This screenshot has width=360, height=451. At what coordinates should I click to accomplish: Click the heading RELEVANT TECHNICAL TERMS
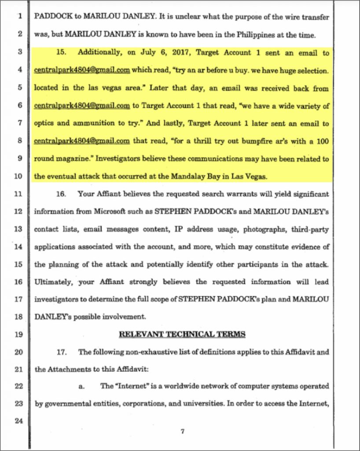(182, 334)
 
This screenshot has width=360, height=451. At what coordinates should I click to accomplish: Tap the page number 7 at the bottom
(182, 432)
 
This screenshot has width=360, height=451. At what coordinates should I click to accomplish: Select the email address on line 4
(81, 70)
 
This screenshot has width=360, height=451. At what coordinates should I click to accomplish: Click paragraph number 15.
(61, 52)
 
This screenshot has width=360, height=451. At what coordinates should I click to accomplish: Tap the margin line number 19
(18, 334)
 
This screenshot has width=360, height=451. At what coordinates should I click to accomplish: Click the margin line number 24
(18, 420)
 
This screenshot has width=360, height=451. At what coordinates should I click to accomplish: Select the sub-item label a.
(81, 386)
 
